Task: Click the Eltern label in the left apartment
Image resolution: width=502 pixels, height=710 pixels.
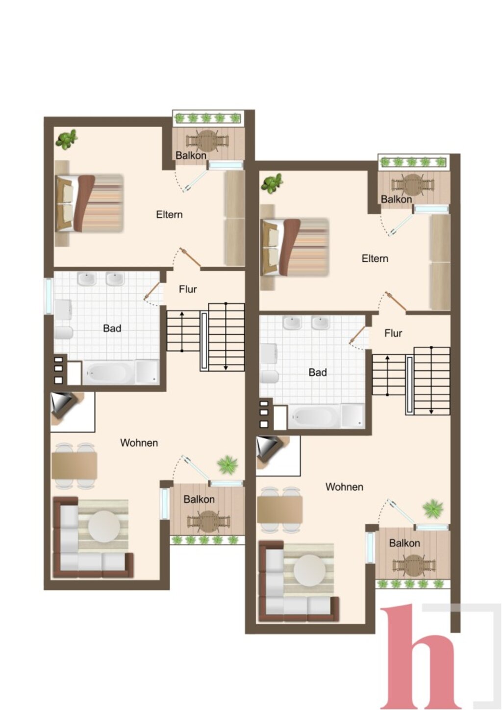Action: [x=169, y=215]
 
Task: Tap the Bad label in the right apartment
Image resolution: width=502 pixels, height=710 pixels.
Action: [x=318, y=372]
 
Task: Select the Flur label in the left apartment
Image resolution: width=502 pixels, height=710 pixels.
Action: [x=188, y=289]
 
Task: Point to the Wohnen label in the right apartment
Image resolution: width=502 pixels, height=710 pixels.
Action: [x=344, y=486]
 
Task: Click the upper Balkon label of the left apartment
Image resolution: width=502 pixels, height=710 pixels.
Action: [x=191, y=155]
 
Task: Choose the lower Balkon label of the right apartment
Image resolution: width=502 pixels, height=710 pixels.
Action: [x=404, y=543]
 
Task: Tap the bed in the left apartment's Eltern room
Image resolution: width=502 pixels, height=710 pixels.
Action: [x=89, y=203]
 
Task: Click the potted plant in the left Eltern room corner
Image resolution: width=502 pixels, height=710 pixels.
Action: [x=67, y=139]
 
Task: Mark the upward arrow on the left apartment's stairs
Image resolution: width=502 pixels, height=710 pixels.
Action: [x=182, y=331]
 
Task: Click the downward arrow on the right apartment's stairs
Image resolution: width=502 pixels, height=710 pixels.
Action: [x=431, y=380]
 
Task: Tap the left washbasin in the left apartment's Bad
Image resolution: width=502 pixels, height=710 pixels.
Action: [x=87, y=279]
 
